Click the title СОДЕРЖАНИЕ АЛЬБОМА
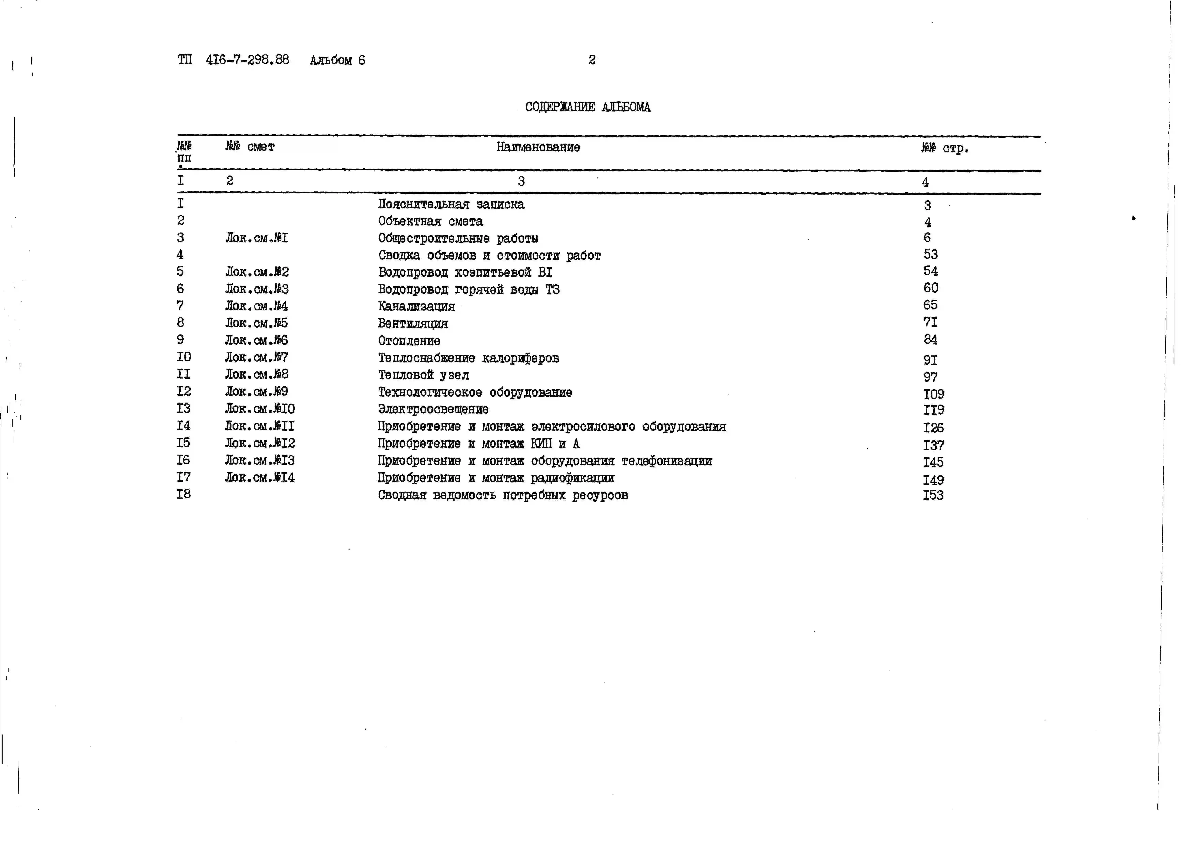click(587, 107)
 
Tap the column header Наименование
click(538, 147)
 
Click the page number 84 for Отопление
click(930, 340)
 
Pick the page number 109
click(933, 394)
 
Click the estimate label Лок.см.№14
click(259, 478)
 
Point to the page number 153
click(933, 495)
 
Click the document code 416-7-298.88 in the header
click(247, 60)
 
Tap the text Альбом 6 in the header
click(337, 60)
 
